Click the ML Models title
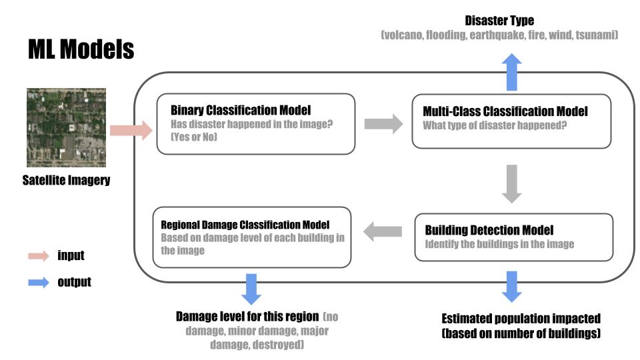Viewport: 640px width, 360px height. coord(81,49)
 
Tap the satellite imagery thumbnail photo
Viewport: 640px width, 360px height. coord(66,128)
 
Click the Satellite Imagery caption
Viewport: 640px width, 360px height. coord(66,180)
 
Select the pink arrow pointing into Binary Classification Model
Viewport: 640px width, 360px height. coord(131,129)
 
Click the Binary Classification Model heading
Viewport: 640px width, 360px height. coord(241,110)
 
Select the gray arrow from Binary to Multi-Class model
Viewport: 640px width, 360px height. coord(384,123)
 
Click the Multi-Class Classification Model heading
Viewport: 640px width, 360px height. coord(505,111)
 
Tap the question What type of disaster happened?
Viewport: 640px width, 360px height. coord(495,125)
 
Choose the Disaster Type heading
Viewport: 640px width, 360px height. coord(500,21)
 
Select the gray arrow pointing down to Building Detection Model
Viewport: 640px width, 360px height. coord(511,183)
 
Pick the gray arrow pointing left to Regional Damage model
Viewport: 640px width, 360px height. coord(383,231)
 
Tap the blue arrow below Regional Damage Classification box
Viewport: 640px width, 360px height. coord(252,288)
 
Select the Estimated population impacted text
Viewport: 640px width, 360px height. coord(521,319)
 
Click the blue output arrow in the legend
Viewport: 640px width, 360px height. coord(39,282)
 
